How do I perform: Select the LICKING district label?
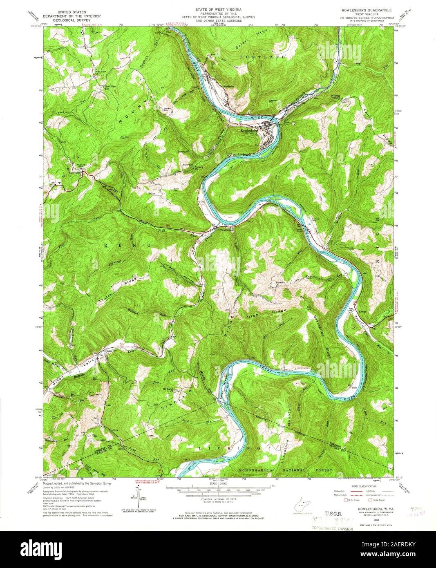tap(229, 448)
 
